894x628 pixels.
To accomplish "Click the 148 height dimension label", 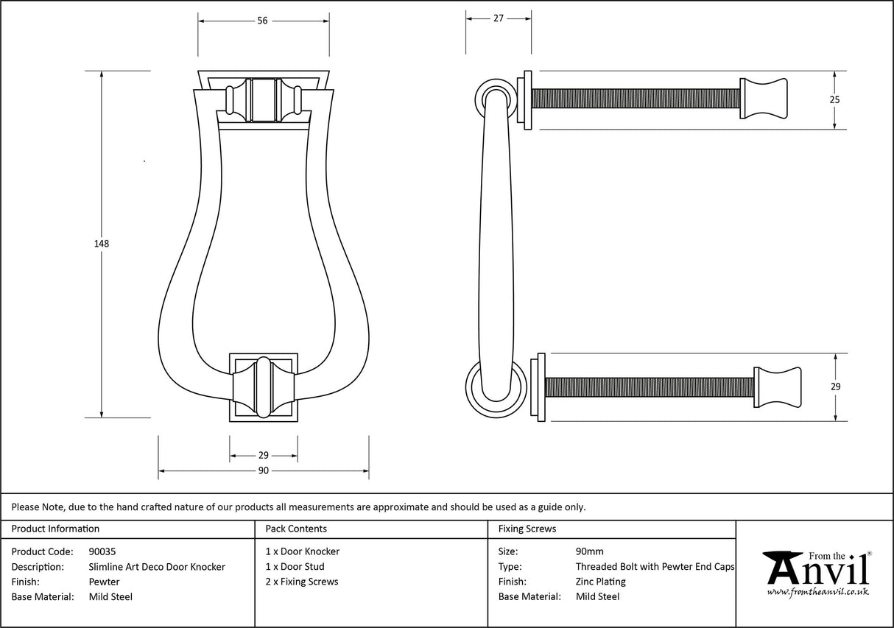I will point(102,244).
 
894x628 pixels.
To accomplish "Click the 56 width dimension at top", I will point(262,21).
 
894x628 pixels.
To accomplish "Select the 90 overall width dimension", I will point(263,470).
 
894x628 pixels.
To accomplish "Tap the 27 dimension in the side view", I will point(498,18).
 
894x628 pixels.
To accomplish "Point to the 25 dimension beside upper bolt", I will point(834,99).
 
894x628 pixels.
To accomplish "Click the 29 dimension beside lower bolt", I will point(835,387).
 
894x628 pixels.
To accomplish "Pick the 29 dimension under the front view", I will point(263,456).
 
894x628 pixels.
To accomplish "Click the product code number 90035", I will point(102,551).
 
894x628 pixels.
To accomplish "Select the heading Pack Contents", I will point(296,529).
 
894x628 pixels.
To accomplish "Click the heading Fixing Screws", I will point(527,529).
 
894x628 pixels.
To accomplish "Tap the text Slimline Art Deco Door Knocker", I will point(157,567).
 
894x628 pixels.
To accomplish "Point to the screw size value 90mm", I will point(589,551).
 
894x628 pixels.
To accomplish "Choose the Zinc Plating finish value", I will point(600,582).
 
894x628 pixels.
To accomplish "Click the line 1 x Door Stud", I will point(295,567).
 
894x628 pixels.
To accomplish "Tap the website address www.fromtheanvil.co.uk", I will point(817,592).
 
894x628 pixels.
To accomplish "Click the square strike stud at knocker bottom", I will point(264,387).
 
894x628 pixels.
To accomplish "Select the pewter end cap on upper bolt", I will point(764,99).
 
